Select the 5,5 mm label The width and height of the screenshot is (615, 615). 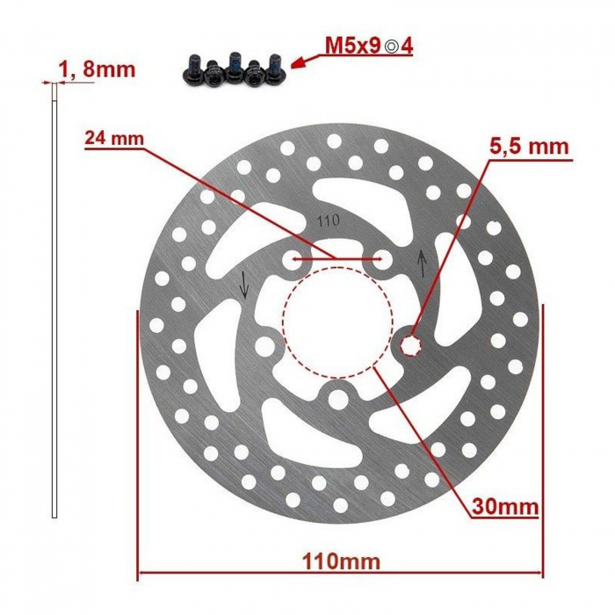click(532, 146)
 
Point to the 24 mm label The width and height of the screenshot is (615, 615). click(114, 138)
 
